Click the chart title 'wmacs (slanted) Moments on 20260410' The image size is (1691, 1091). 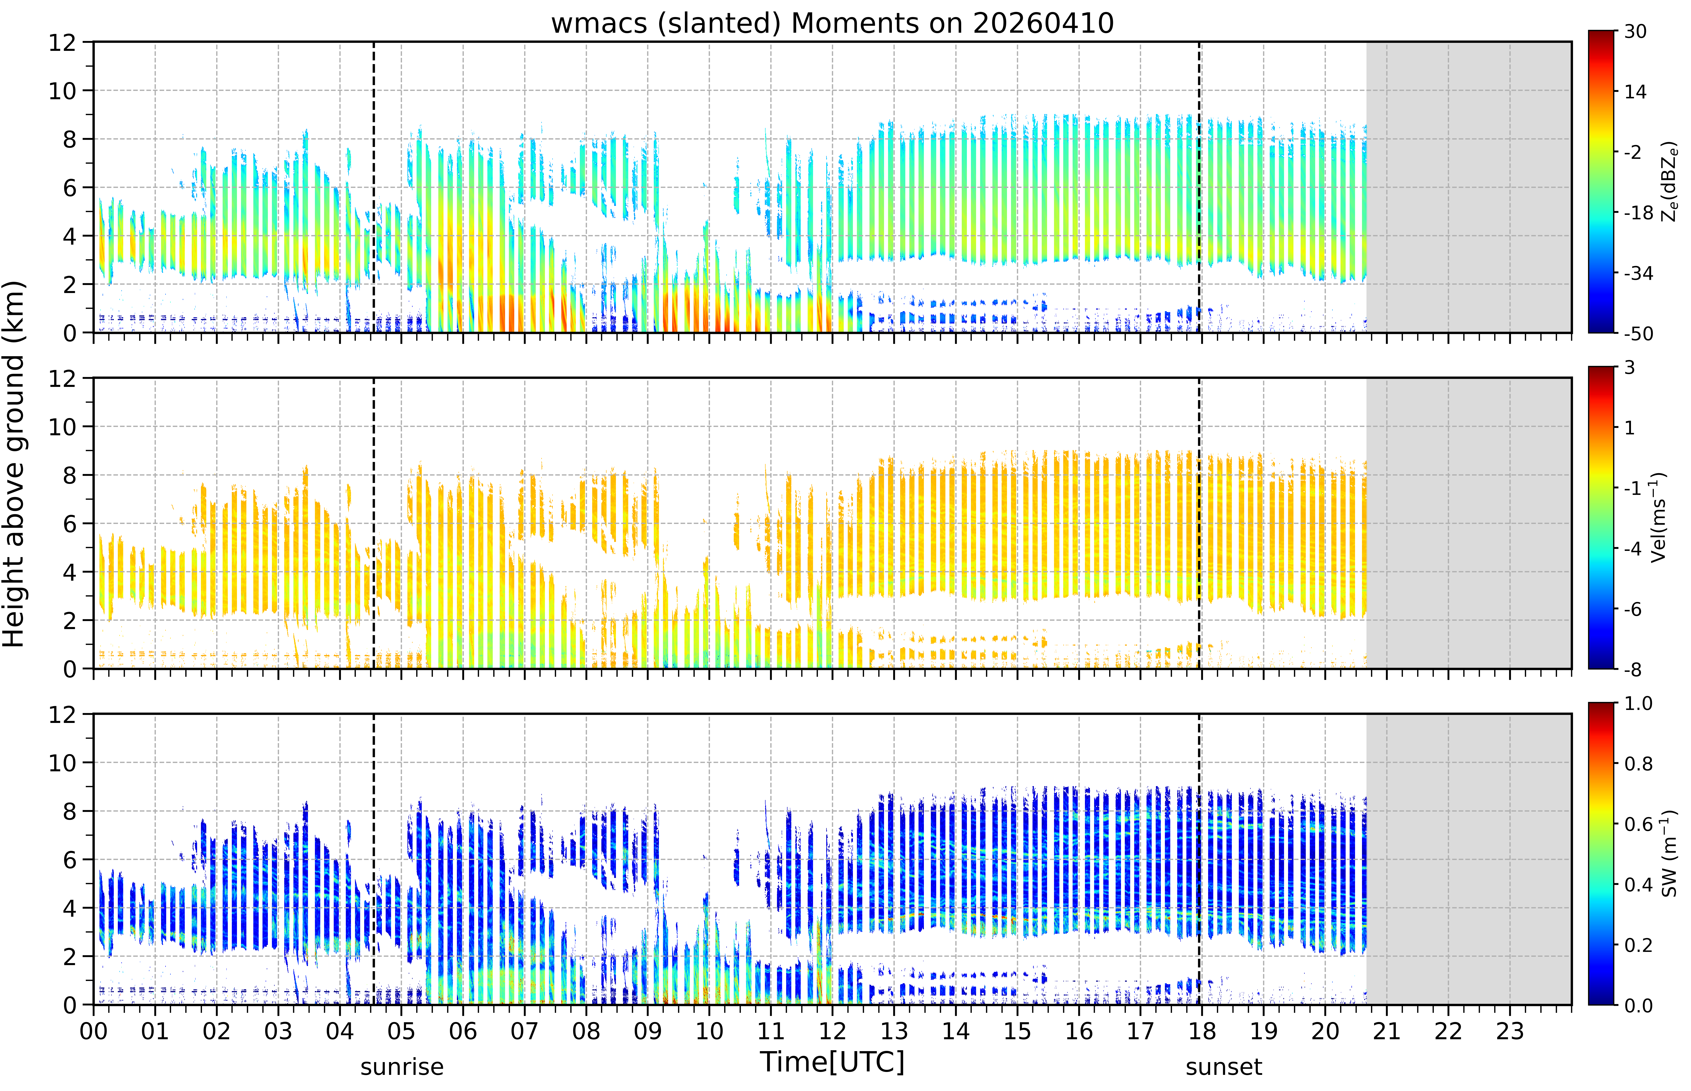pos(832,23)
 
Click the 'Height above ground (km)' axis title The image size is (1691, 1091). pos(14,464)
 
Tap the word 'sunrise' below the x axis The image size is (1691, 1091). pos(402,1067)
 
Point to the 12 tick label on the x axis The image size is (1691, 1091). pos(832,1031)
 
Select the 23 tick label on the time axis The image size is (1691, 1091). pos(1510,1031)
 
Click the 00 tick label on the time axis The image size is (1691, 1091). pos(93,1031)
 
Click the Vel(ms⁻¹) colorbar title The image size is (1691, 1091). pos(1659,517)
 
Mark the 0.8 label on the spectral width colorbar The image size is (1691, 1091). pos(1639,764)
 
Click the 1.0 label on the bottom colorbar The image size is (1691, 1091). pos(1639,703)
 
